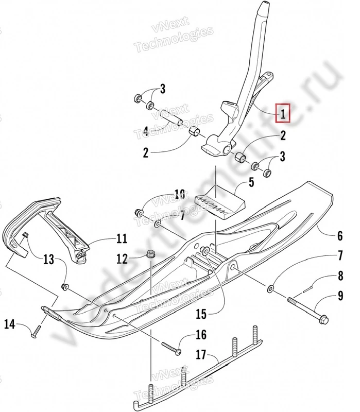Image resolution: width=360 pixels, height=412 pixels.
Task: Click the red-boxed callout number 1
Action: coord(282,113)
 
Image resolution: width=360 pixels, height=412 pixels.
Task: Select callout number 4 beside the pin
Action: coord(146,132)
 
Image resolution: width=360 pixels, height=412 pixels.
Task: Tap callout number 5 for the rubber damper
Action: coord(251,182)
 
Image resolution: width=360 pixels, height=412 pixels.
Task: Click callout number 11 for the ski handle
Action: coord(122,238)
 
